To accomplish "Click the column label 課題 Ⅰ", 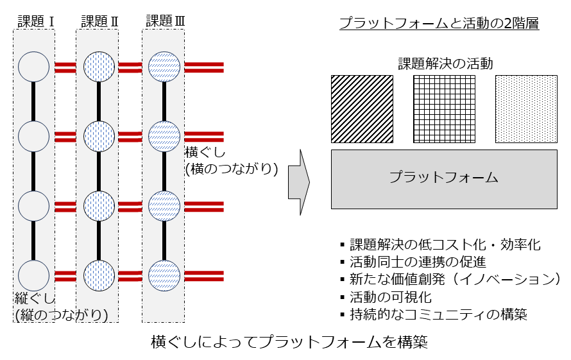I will pos(35,21).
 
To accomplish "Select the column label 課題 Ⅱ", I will pos(99,21).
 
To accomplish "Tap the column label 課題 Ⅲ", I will pos(165,21).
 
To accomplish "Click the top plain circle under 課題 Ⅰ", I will pos(34,66).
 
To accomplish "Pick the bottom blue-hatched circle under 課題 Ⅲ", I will pos(164,275).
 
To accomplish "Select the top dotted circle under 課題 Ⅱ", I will pos(99,66).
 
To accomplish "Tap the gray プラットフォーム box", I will pos(444,179).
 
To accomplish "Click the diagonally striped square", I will pos(362,108).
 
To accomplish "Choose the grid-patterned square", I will pos(444,108).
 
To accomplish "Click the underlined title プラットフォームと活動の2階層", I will pos(439,24).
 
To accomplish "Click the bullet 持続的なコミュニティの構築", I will pos(438,314).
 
